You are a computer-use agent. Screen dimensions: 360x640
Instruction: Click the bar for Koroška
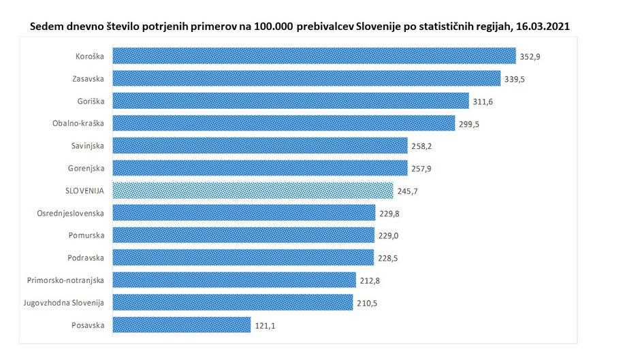tap(313, 56)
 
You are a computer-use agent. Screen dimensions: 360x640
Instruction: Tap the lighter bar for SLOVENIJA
tap(252, 191)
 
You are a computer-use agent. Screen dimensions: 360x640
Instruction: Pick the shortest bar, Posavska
tap(181, 325)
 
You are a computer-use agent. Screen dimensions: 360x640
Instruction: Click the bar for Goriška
tap(290, 101)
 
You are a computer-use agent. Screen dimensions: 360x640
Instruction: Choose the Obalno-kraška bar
tap(283, 123)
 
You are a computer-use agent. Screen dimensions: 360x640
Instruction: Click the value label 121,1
tap(264, 326)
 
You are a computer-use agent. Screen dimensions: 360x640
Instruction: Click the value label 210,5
tap(367, 304)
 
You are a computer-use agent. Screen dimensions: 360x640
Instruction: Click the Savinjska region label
tap(88, 146)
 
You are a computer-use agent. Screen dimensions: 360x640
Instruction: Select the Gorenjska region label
tap(87, 168)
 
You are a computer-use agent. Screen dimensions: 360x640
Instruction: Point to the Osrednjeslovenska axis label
tap(71, 213)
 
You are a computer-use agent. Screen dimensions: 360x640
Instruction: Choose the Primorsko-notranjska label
tap(66, 280)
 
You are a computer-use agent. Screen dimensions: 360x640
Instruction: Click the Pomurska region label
tap(87, 235)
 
